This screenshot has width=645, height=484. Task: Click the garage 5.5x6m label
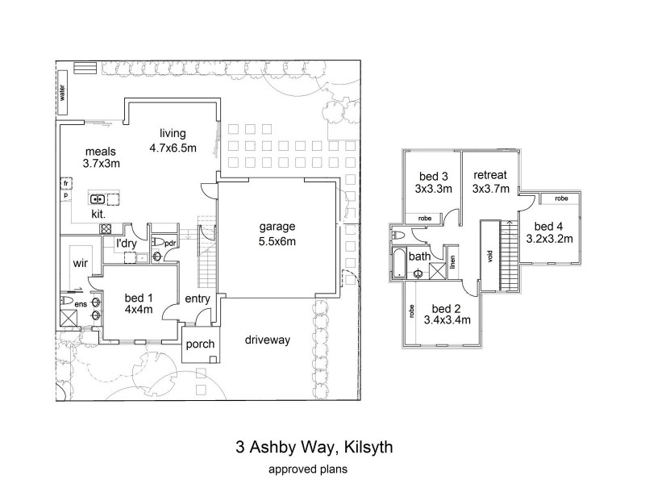(x=277, y=234)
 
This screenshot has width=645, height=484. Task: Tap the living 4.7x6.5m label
(x=173, y=140)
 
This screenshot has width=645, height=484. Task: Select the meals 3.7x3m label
(x=101, y=156)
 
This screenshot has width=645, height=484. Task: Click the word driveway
(x=268, y=340)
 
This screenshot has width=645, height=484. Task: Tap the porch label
(x=200, y=345)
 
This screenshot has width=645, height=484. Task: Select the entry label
(x=197, y=299)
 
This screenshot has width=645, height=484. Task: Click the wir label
(x=80, y=263)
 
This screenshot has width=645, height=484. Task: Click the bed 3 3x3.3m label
(x=434, y=183)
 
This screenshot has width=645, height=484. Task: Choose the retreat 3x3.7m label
(x=489, y=181)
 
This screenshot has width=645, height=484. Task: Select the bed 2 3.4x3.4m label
(x=447, y=315)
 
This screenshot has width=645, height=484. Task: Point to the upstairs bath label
(x=419, y=257)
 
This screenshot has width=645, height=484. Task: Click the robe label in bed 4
(x=561, y=198)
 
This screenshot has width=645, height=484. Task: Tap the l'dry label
(x=127, y=243)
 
